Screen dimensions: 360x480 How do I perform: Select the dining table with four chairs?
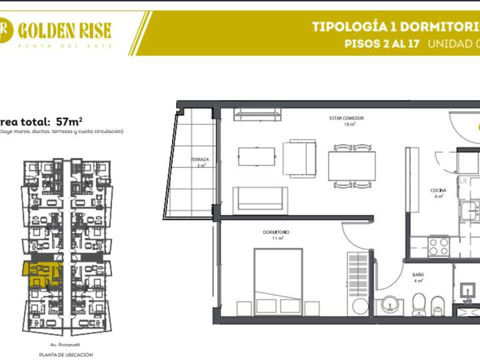pyautogui.click(x=351, y=166)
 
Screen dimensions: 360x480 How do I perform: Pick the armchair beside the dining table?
pyautogui.click(x=299, y=159)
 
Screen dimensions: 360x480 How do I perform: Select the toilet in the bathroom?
pyautogui.click(x=419, y=305)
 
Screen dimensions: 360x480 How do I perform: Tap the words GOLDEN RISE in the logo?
pyautogui.click(x=65, y=30)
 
